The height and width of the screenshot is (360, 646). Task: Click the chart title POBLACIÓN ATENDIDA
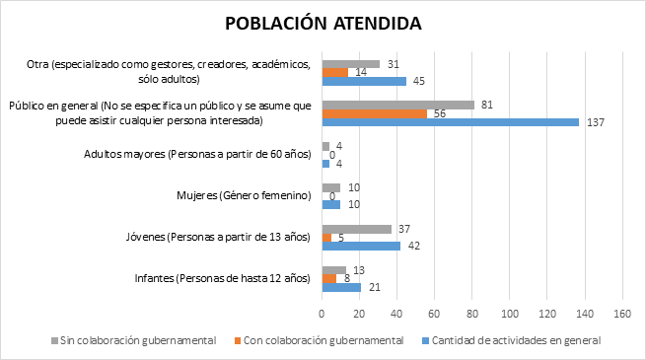(322, 23)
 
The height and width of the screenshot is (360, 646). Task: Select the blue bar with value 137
(450, 122)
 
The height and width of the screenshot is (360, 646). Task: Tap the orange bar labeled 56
(374, 113)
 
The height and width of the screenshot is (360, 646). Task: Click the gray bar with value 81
(397, 105)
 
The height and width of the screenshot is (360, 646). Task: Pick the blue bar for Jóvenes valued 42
(361, 246)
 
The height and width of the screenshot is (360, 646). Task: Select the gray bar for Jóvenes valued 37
(356, 228)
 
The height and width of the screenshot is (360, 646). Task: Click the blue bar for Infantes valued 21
(341, 287)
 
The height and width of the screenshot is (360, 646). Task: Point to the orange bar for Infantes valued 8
(329, 278)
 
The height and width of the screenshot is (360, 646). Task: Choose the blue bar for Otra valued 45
(364, 81)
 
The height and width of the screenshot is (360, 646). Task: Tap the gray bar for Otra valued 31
(351, 63)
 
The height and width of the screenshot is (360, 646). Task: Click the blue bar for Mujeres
(331, 204)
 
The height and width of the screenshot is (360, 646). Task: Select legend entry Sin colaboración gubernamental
(133, 340)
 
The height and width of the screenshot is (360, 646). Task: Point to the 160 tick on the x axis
(621, 314)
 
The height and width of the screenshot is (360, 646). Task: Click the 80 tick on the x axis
(471, 314)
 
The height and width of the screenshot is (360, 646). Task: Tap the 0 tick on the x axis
(323, 314)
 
